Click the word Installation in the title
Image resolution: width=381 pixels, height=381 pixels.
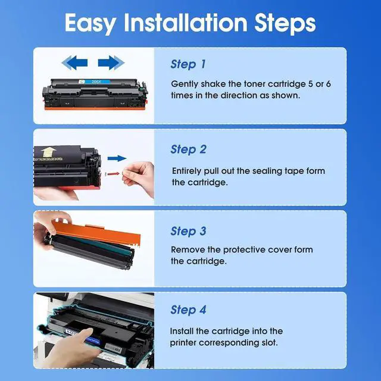(x=186, y=23)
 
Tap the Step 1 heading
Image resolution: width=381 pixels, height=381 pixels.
(x=188, y=64)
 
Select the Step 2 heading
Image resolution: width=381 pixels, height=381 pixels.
(x=189, y=149)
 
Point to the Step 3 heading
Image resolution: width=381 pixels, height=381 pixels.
(x=188, y=231)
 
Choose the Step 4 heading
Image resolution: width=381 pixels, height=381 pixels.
(x=188, y=310)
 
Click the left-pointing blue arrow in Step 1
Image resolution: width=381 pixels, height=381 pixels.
(x=74, y=63)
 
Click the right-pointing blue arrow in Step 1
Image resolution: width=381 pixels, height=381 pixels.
(x=111, y=63)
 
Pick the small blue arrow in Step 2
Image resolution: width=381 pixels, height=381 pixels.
(x=117, y=158)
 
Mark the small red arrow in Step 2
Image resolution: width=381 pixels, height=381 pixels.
(x=113, y=173)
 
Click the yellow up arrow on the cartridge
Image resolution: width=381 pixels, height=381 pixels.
(x=49, y=152)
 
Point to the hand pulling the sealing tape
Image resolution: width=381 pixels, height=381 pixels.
(x=139, y=178)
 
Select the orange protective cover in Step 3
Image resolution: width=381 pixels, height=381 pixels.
(x=96, y=234)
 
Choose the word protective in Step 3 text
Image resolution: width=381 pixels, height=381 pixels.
(x=244, y=250)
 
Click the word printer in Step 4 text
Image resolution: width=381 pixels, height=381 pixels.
(x=183, y=343)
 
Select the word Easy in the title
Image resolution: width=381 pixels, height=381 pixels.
(x=90, y=23)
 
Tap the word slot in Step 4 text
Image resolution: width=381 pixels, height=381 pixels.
(x=270, y=343)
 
